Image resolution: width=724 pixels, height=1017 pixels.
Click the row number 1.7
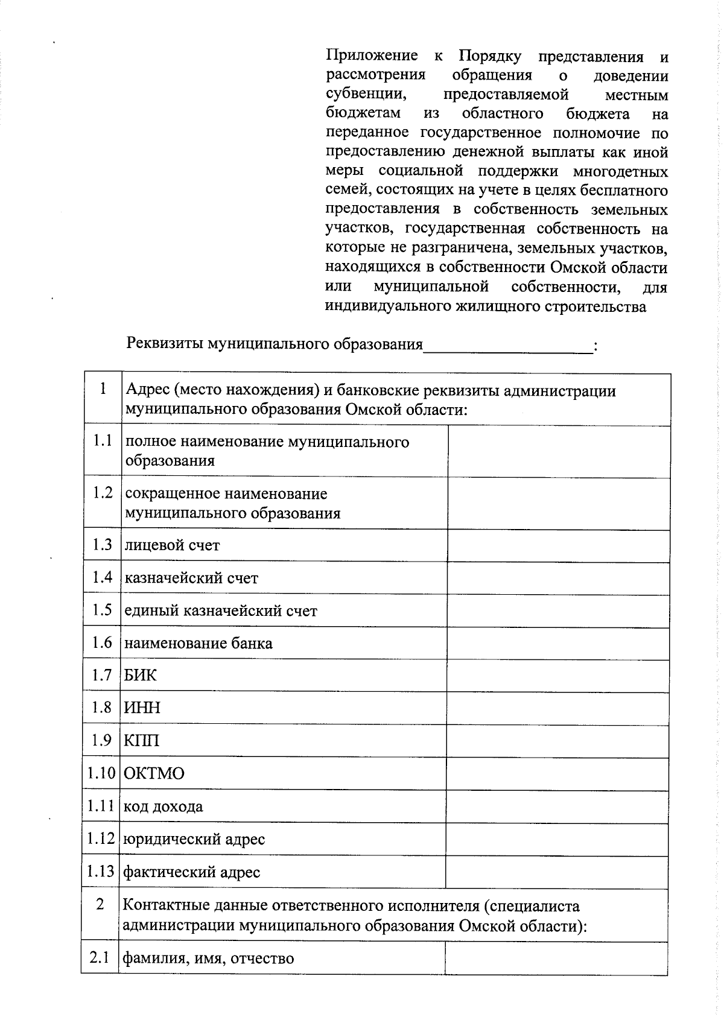pyautogui.click(x=102, y=675)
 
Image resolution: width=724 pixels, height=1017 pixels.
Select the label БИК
pyautogui.click(x=140, y=675)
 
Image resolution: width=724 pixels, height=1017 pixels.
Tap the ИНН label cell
pyautogui.click(x=142, y=708)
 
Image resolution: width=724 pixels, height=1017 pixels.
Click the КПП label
pyautogui.click(x=142, y=740)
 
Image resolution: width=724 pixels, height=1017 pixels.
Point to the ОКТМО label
pyautogui.click(x=154, y=773)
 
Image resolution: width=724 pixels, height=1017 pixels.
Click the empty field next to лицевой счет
pyautogui.click(x=558, y=546)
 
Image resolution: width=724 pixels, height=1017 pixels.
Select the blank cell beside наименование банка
pyautogui.click(x=558, y=643)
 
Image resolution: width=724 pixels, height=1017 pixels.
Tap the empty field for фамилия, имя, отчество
pyautogui.click(x=556, y=958)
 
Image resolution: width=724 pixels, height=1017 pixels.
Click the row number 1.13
pyautogui.click(x=100, y=872)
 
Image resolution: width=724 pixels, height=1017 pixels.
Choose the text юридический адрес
pyautogui.click(x=194, y=839)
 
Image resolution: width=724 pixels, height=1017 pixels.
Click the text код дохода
pyautogui.click(x=163, y=806)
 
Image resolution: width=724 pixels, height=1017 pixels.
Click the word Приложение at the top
pyautogui.click(x=372, y=56)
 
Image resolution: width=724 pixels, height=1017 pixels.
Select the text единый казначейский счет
pyautogui.click(x=220, y=610)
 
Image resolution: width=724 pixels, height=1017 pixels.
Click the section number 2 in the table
pyautogui.click(x=100, y=904)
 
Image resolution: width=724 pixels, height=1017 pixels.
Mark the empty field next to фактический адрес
pyautogui.click(x=556, y=872)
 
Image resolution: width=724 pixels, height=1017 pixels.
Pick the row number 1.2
pyautogui.click(x=103, y=493)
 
